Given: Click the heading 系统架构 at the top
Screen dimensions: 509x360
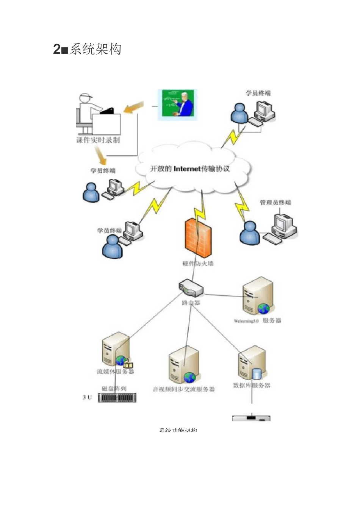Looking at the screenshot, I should coord(95,49).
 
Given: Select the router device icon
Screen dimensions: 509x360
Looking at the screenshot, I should coord(191,288).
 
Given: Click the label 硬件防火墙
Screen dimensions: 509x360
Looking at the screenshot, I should coord(198,264).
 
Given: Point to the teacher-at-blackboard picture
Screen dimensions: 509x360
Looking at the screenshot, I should coord(177,105).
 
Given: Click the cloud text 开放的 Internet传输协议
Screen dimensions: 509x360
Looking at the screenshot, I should coord(190,169).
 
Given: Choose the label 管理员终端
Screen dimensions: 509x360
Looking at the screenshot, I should coord(275,203).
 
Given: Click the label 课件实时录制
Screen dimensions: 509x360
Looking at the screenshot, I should coord(98,140).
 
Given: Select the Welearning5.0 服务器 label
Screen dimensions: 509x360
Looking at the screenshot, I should coord(258,321).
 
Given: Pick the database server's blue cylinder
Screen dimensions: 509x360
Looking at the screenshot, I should coord(257,374).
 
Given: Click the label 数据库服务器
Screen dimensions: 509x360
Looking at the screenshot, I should coord(252,386).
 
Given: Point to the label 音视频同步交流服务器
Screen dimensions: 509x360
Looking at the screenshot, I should coord(184,389).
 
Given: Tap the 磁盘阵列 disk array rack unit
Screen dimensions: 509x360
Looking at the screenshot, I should coord(117,398).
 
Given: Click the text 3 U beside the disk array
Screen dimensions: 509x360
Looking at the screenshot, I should coord(87,397).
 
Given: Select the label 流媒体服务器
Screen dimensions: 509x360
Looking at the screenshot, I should coord(116,372).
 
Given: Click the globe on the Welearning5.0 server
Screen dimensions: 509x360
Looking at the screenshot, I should coord(264,309).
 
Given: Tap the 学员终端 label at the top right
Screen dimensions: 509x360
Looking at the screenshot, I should coord(258,93).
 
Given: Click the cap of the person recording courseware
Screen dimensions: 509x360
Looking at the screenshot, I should coord(86,96).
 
